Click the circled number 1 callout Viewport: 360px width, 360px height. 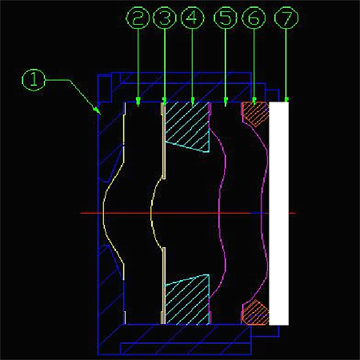34,80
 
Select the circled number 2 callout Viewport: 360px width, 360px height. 138,18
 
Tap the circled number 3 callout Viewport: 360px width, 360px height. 165,18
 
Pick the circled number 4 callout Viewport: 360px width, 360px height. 192,18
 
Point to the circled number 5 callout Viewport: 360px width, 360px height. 226,18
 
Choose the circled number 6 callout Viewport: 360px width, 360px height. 254,18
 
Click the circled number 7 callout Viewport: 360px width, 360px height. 286,18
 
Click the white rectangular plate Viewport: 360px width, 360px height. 279,214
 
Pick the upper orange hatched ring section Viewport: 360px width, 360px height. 255,113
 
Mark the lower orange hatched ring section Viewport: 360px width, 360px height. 255,313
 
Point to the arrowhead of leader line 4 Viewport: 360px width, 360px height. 192,102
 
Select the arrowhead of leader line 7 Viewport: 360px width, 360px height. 286,100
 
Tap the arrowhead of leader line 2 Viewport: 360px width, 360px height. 138,102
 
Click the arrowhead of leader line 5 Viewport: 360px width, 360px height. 226,102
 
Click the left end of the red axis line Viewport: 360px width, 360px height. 81,213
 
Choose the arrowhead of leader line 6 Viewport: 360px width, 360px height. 254,102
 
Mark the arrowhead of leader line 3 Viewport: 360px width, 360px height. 165,102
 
